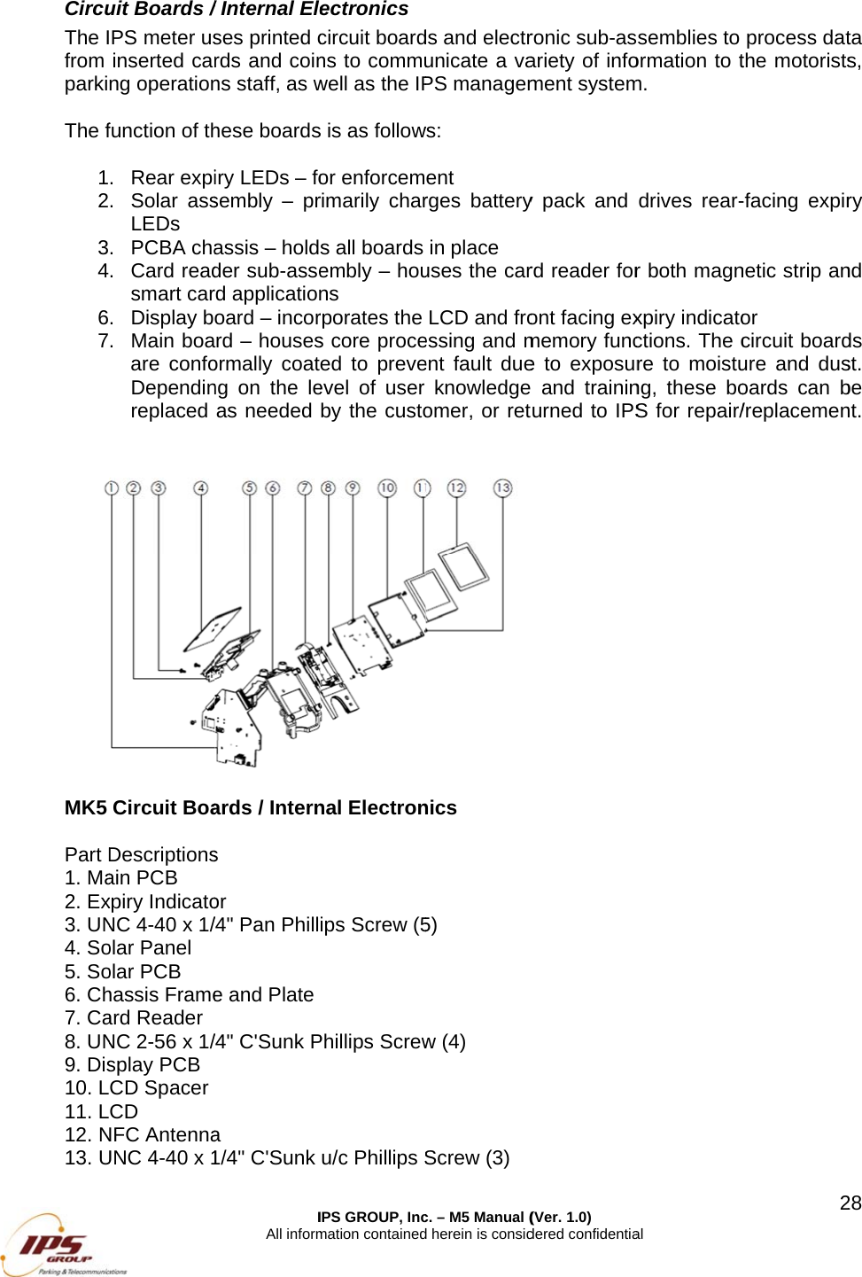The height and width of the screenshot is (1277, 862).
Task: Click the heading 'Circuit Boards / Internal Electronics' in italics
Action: (237, 10)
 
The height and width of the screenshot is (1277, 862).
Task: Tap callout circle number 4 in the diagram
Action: (201, 488)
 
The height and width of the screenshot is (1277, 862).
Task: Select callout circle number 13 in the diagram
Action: (502, 488)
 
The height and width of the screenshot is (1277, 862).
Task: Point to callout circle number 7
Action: (305, 488)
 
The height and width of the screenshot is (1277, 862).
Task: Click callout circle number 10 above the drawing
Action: (387, 487)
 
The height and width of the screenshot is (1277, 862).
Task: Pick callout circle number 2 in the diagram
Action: (134, 488)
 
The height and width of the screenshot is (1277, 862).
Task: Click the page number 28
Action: (850, 1203)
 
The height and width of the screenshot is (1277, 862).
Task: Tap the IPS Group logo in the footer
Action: (62, 1244)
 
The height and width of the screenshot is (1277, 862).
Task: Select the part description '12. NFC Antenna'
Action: (143, 1134)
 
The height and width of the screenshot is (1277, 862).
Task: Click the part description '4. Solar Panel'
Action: (128, 947)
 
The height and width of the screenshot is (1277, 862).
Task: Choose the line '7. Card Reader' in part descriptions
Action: (134, 1017)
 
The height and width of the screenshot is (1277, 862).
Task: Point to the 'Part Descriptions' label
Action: (141, 854)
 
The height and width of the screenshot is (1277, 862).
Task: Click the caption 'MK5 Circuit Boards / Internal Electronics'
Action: (260, 807)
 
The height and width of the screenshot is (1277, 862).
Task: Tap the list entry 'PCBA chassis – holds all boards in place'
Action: (315, 247)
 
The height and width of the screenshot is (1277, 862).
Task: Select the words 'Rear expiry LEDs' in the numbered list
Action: (210, 177)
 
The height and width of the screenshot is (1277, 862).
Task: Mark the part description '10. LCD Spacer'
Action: (136, 1087)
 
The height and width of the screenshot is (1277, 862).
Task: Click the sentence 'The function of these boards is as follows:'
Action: (252, 130)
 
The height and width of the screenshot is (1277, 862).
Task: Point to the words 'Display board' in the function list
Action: (192, 317)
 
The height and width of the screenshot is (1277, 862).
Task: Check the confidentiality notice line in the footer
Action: (454, 1234)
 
